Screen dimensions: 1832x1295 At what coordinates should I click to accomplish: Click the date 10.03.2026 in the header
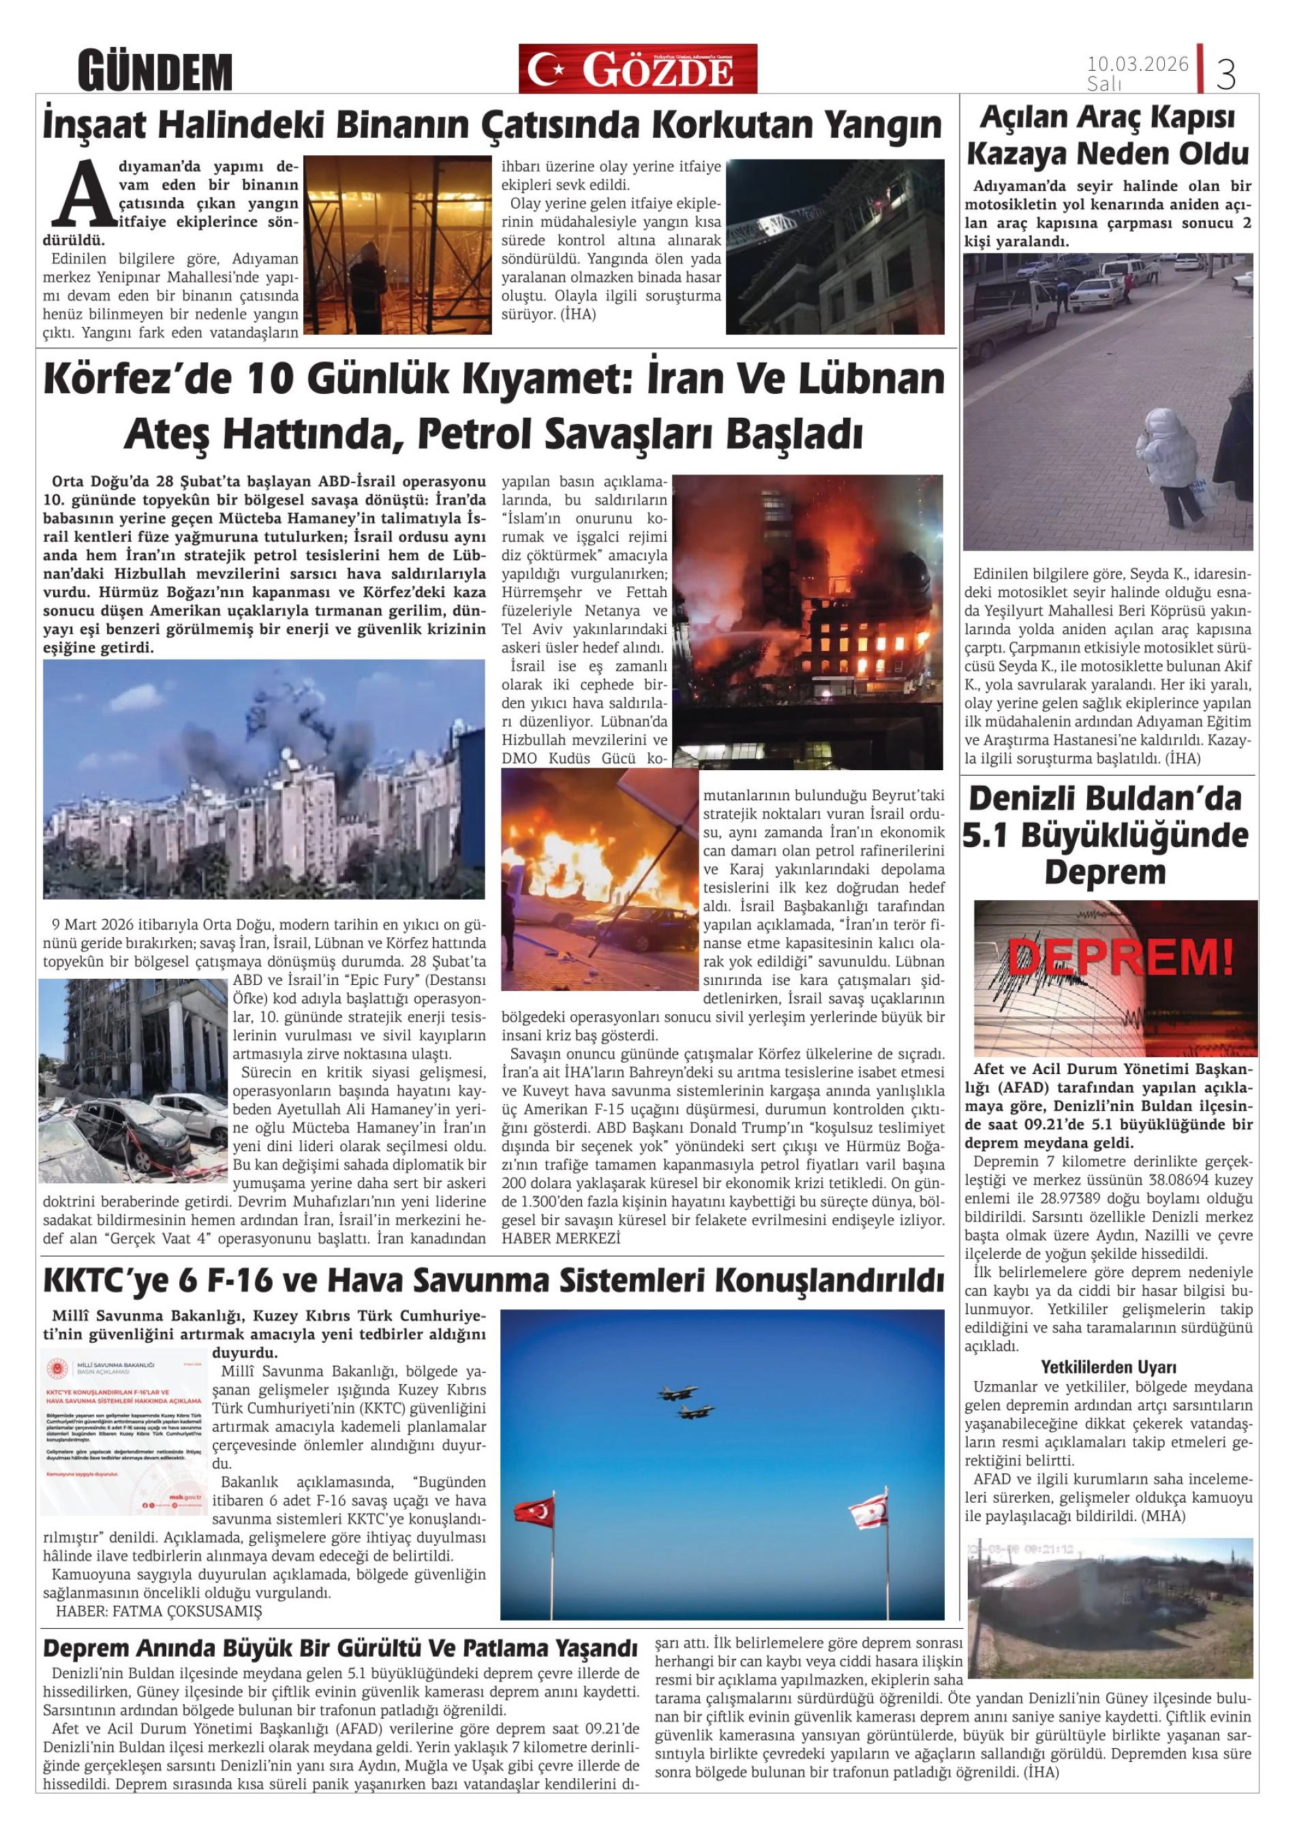pos(1137,64)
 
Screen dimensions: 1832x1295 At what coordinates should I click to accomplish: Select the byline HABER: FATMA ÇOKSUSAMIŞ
pos(159,1611)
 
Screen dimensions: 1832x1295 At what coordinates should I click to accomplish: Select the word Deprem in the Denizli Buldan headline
pos(1104,872)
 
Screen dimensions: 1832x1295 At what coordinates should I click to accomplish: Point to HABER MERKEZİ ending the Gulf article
pos(561,1238)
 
